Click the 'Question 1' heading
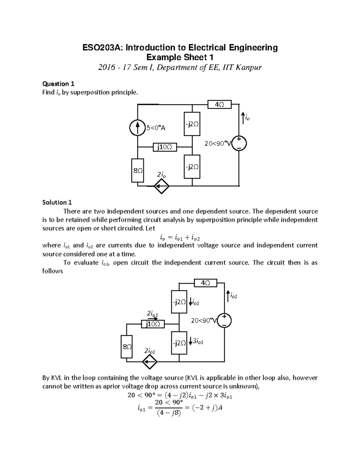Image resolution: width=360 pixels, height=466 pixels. pyautogui.click(x=58, y=84)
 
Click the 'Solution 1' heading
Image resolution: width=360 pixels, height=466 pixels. pyautogui.click(x=57, y=202)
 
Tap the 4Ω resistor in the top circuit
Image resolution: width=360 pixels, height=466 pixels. pyautogui.click(x=219, y=104)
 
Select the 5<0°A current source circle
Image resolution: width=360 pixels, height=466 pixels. pyautogui.click(x=137, y=128)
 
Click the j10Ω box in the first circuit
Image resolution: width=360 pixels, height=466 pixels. pyautogui.click(x=165, y=147)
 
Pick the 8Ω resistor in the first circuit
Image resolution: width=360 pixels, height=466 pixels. pyautogui.click(x=137, y=170)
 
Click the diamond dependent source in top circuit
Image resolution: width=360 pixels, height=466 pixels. pyautogui.click(x=161, y=186)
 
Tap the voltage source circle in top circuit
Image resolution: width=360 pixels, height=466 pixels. pyautogui.click(x=239, y=143)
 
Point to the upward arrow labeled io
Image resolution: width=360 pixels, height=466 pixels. pyautogui.click(x=243, y=118)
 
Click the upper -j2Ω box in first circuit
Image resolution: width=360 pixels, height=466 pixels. pyautogui.click(x=192, y=124)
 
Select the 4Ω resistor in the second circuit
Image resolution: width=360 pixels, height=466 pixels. pyautogui.click(x=205, y=283)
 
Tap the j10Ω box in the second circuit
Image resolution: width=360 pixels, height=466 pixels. pyautogui.click(x=153, y=324)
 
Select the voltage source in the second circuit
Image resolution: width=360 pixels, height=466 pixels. pyautogui.click(x=224, y=320)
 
